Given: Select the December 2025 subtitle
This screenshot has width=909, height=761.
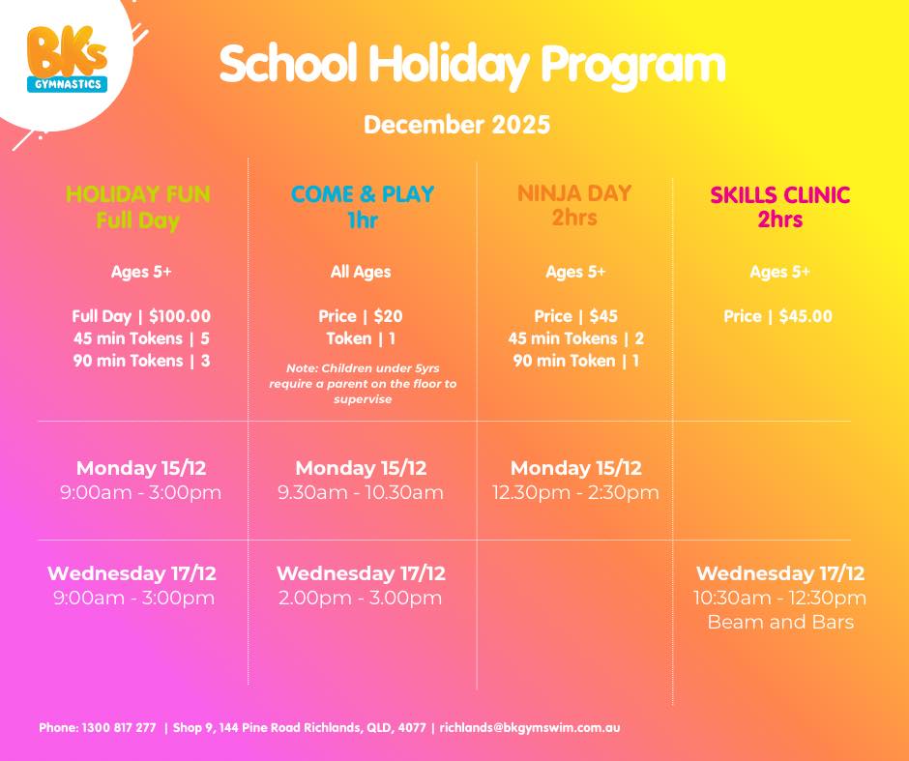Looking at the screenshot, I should coord(456,125).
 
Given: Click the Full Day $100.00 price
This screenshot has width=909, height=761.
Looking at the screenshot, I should coord(141,316).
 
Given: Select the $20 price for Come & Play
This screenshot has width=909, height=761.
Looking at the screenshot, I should coord(361,316).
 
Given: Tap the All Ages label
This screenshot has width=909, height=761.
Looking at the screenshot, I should coord(361,272).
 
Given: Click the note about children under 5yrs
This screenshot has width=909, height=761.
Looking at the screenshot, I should coord(363,383).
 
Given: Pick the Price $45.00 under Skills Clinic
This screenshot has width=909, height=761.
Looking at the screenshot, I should coord(777,316).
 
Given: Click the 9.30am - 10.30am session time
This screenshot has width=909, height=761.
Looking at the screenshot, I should coord(361,492).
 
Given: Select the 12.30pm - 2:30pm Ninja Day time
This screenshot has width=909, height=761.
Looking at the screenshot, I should coord(575,492).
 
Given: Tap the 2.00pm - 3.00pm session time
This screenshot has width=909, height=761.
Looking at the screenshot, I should coord(361,598).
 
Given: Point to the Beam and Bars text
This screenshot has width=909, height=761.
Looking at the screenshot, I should coord(780,622).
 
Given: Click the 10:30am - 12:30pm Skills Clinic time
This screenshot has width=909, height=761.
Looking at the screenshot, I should coord(780,598).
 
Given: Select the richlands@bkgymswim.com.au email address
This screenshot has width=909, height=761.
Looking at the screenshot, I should coord(530,728).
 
